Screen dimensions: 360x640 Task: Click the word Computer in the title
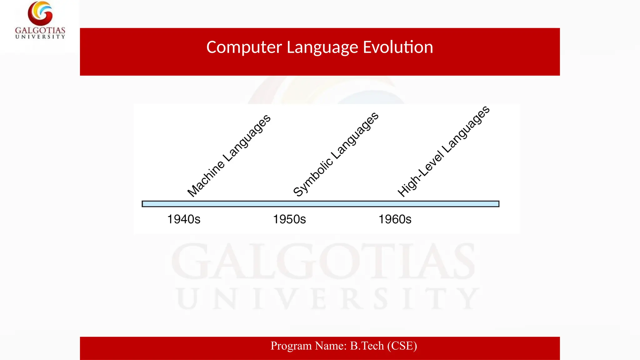[244, 47]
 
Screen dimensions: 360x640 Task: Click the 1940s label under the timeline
[184, 219]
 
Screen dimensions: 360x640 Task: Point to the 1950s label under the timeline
[289, 219]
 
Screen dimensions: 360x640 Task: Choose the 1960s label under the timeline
[395, 219]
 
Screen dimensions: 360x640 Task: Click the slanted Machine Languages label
[229, 156]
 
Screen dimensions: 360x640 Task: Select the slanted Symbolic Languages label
[336, 154]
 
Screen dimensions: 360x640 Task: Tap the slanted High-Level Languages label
[443, 152]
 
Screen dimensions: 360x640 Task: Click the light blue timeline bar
[320, 204]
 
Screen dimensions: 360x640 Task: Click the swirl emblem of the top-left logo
[40, 13]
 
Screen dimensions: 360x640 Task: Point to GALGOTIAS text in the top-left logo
[40, 30]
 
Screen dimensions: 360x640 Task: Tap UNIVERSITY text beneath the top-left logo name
[40, 37]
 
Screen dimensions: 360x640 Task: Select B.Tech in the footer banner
[367, 346]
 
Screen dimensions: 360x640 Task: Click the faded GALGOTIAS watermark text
[323, 262]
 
